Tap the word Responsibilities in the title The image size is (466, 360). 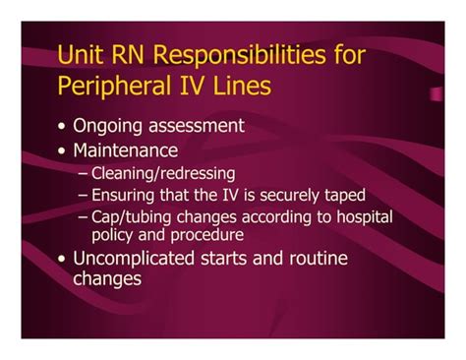[237, 55]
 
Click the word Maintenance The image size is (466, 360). [125, 150]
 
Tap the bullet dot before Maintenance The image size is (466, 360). [63, 151]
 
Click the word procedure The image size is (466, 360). [210, 234]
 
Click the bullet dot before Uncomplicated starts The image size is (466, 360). [63, 260]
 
